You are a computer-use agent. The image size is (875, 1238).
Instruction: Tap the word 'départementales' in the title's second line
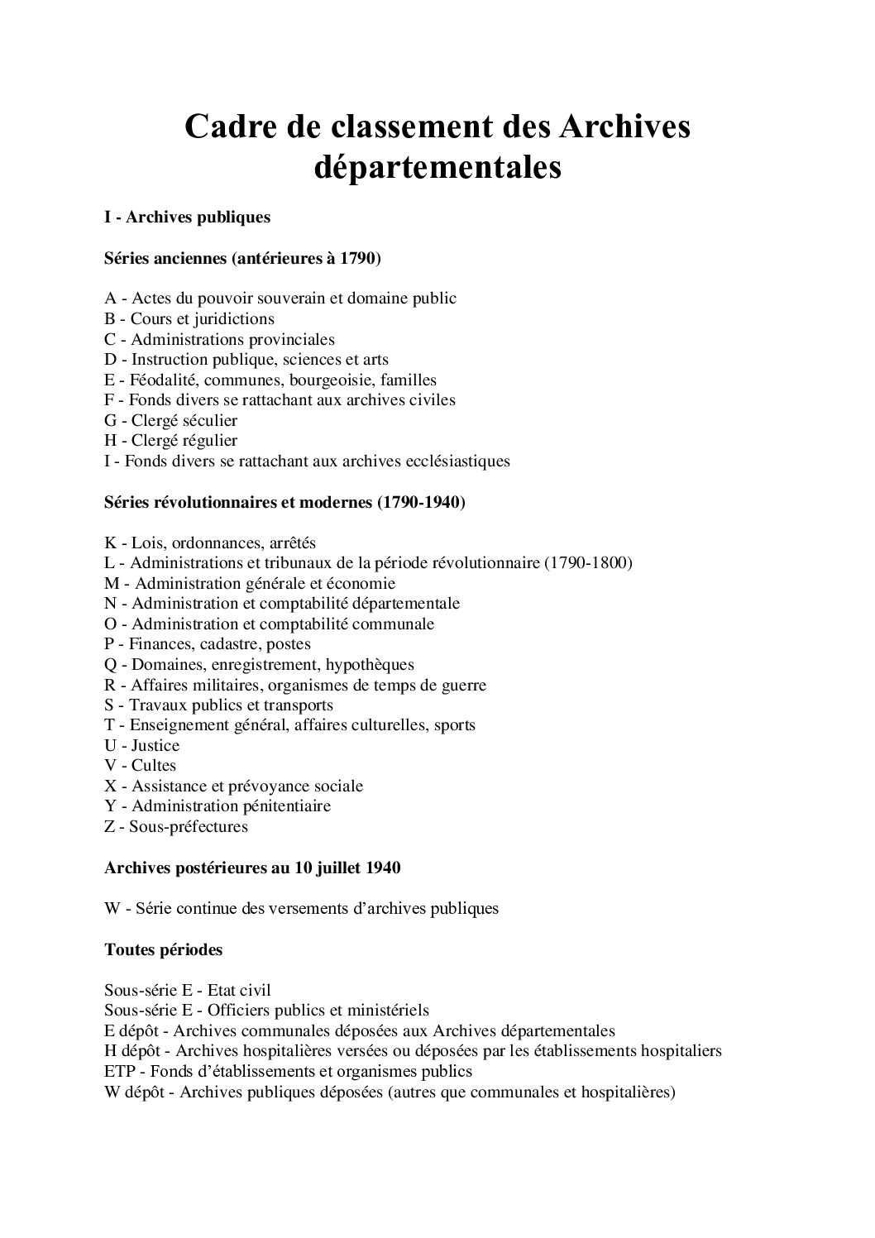click(437, 168)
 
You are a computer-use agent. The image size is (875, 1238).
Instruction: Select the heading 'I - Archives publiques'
click(188, 217)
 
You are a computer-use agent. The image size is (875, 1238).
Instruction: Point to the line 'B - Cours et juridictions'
click(189, 319)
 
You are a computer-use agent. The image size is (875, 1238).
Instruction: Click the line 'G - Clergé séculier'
click(170, 421)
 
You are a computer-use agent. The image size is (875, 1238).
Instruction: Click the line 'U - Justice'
click(141, 746)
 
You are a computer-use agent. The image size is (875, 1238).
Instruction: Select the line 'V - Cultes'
click(140, 766)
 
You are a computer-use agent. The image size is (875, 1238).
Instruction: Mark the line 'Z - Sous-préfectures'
click(176, 827)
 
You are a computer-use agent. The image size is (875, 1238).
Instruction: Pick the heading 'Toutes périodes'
click(164, 950)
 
